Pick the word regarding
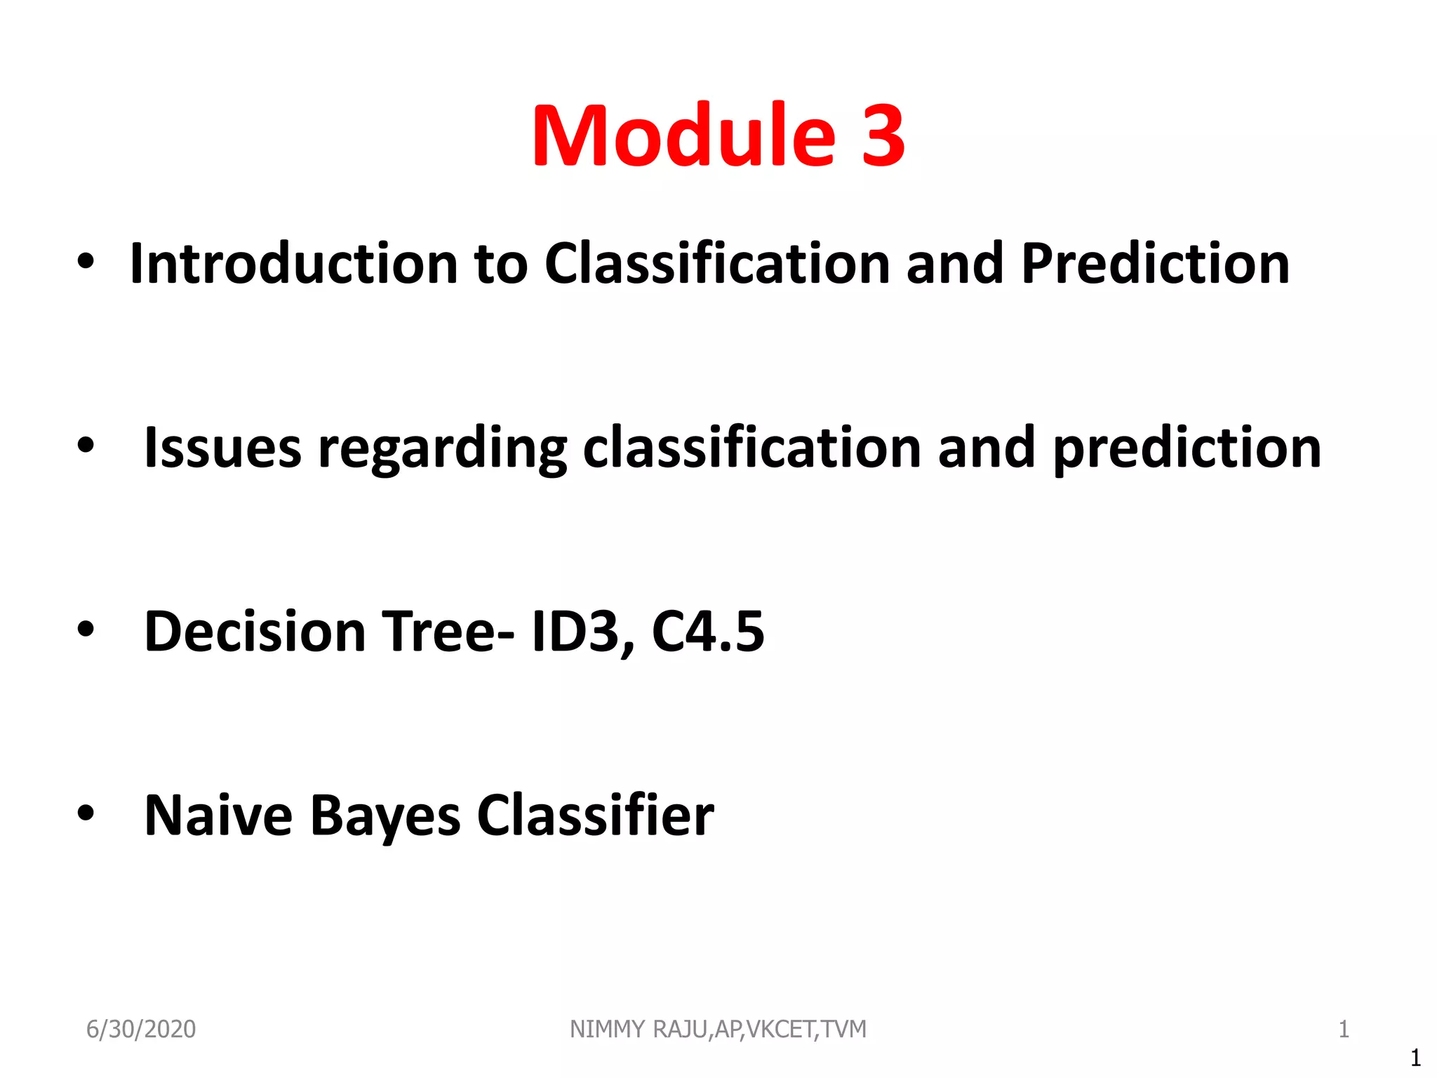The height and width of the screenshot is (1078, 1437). pos(442,449)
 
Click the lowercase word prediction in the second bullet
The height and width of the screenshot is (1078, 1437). pos(1187,449)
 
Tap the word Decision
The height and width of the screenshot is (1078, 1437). pos(255,631)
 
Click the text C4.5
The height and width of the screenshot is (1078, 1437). pos(707,631)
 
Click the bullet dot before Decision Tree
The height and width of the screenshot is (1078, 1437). pos(86,630)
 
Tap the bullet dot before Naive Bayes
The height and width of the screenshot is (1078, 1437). pos(86,813)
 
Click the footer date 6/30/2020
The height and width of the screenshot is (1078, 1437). pos(141,1029)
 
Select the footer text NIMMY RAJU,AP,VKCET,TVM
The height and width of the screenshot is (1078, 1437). pos(718,1029)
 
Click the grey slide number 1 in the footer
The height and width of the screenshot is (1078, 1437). pos(1344,1029)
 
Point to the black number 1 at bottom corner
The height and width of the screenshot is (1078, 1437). pos(1415,1057)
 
